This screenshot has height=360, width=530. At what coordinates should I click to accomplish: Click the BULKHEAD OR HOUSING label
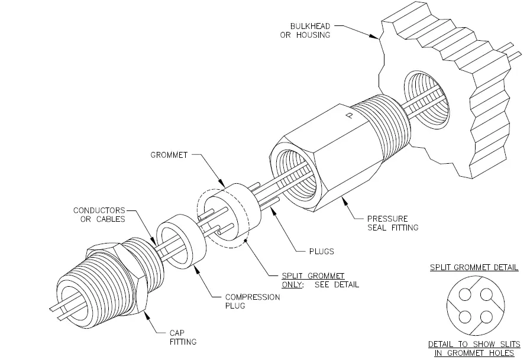coord(305,31)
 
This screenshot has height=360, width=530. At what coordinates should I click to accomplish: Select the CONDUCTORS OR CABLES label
coord(99,215)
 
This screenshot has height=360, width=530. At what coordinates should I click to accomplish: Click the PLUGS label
coord(321,251)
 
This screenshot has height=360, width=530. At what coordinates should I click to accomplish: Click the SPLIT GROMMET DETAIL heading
coord(474,267)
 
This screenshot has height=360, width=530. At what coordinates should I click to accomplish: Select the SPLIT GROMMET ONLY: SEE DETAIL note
coord(320,280)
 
